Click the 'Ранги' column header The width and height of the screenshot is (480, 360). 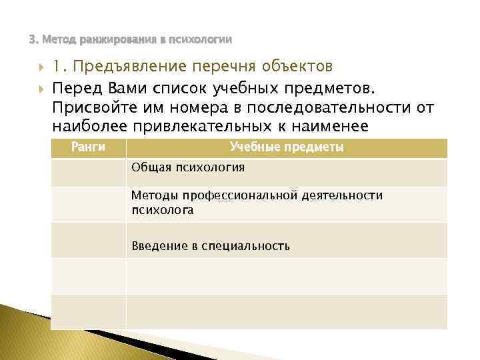pos(88,147)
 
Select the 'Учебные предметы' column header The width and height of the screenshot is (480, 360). pos(287,147)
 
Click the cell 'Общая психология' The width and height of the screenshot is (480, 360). pos(188,167)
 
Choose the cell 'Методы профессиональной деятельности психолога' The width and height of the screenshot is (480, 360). pos(257,203)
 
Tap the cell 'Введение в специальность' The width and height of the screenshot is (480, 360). pos(211,246)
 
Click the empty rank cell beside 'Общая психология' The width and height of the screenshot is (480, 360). pos(88,172)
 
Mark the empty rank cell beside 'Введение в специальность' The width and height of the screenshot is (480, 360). pos(88,240)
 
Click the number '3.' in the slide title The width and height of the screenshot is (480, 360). pos(33,39)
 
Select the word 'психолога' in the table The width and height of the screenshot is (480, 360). pos(163,210)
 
